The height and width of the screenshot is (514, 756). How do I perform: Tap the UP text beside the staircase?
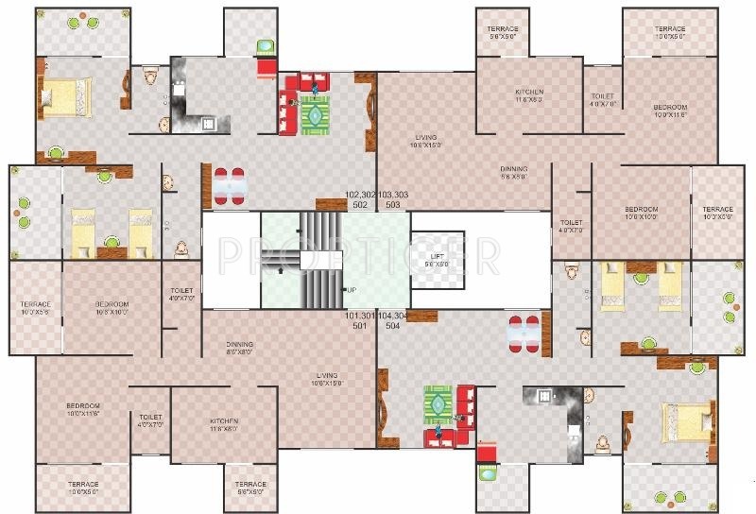pos(351,289)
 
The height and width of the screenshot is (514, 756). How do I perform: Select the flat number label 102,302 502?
pos(360,198)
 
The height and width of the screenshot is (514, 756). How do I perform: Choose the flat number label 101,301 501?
pos(360,320)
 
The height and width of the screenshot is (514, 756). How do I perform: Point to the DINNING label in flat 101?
pos(240,347)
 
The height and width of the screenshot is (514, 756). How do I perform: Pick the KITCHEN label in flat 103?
pos(529,95)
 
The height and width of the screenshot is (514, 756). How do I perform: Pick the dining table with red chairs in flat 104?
pos(525,333)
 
